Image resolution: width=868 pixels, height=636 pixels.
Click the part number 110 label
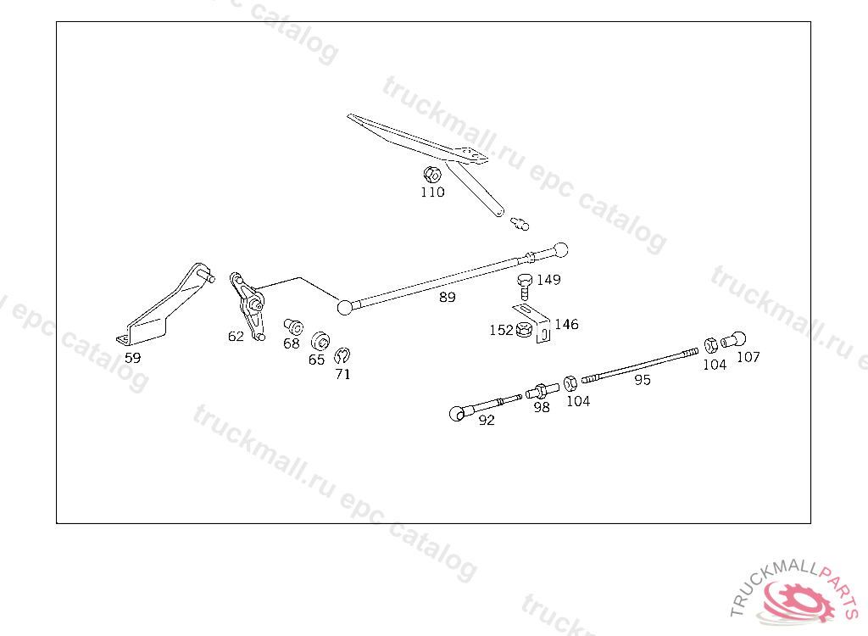432,192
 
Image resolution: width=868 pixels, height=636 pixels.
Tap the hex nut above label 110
431,175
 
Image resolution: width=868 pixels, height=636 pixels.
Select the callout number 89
447,298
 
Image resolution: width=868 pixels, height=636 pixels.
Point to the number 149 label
548,280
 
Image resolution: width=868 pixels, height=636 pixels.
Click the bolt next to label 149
524,284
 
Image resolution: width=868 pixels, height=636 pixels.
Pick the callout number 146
566,325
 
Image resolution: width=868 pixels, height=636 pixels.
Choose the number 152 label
501,330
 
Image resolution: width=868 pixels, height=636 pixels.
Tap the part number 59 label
133,358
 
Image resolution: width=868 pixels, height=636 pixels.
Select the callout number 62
236,336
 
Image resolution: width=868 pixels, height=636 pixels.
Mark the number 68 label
292,344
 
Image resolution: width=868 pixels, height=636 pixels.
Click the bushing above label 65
320,341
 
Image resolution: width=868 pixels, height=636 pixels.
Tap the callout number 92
487,420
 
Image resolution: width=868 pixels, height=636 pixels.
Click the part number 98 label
542,407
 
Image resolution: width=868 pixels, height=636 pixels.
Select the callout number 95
643,381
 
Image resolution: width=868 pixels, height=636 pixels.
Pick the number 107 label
748,357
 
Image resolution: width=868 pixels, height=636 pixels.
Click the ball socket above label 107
734,340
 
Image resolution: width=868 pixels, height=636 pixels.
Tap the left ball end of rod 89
345,307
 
